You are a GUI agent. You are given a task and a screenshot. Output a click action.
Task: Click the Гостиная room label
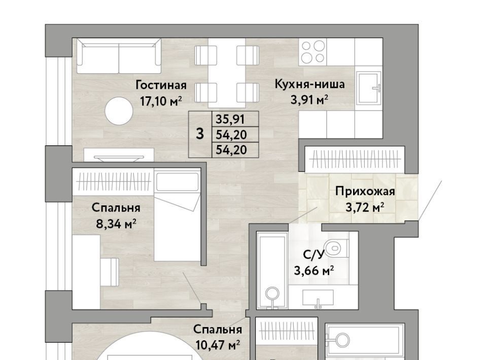point(161,85)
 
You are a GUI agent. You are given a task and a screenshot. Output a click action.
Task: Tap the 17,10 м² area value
point(161,101)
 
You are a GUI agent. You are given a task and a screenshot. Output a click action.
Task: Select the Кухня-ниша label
point(309,84)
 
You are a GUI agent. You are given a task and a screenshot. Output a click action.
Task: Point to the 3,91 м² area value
point(309,100)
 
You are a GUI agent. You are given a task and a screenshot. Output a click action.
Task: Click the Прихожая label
point(365,191)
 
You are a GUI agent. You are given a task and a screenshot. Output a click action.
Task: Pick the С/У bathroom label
point(314,255)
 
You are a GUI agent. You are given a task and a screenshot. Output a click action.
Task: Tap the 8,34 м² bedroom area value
point(116,224)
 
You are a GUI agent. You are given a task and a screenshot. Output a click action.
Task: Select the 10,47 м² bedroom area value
point(218,345)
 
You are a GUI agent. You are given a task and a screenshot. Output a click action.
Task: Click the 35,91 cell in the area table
point(230,119)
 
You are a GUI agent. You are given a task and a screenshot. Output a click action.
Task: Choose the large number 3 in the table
point(200,134)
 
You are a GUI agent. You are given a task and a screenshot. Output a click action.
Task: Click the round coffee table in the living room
point(119,111)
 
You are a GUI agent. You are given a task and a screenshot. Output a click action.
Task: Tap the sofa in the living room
point(119,56)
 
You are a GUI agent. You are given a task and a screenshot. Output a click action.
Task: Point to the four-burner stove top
point(313,52)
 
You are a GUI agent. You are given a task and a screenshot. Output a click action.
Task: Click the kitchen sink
point(369,88)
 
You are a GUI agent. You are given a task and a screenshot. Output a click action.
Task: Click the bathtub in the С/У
point(272,270)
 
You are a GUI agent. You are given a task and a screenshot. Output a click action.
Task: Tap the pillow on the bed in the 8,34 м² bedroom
point(178,182)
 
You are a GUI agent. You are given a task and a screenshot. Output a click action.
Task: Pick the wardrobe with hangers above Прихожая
point(355,159)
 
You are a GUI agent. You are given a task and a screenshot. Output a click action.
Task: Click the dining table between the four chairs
point(227,73)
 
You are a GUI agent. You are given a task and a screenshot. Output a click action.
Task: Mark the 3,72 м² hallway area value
point(365,207)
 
